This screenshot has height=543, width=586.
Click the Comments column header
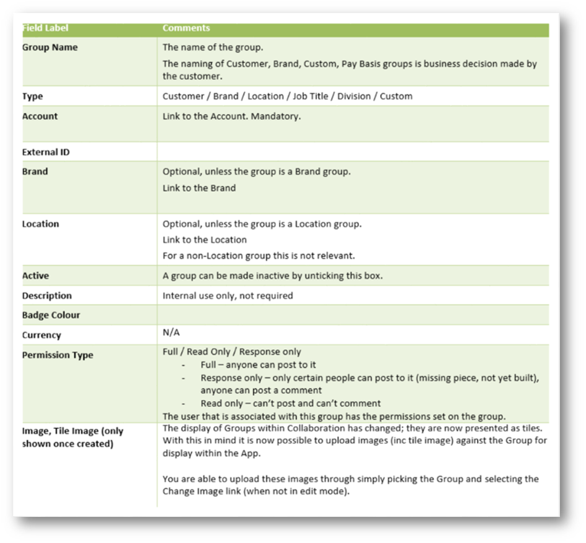pos(186,29)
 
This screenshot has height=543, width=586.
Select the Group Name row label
pos(50,47)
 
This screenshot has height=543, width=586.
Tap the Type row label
pos(33,96)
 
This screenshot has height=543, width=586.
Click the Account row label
pos(40,116)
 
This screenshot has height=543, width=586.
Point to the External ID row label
pos(45,152)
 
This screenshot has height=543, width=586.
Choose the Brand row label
pos(35,171)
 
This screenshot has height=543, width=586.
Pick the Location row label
pos(40,223)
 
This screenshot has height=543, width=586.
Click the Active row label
pos(35,276)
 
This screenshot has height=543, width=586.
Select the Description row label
pos(47,295)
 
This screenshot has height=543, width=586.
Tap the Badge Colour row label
pos(51,315)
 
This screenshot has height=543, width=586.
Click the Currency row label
pos(42,335)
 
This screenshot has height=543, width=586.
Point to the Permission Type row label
pos(58,355)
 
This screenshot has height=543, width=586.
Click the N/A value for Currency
pos(171,333)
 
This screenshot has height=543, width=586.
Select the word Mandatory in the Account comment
pos(275,116)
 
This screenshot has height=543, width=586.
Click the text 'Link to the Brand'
pos(199,187)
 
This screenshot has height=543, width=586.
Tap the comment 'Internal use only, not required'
pos(228,295)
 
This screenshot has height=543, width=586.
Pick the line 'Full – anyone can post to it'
pos(259,365)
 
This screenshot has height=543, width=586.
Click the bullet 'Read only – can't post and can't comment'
pos(290,403)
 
